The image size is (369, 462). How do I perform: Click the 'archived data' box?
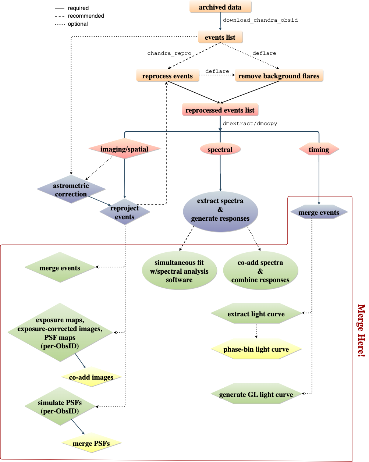click(x=220, y=7)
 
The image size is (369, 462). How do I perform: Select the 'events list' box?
click(x=220, y=37)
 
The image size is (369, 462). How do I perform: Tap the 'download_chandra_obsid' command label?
click(x=260, y=20)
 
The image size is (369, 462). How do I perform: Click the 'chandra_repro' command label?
click(x=169, y=53)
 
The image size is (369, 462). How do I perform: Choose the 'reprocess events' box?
click(x=167, y=76)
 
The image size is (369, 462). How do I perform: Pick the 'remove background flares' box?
click(x=279, y=76)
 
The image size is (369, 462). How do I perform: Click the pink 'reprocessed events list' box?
click(x=220, y=110)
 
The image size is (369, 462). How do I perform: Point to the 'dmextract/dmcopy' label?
click(x=250, y=124)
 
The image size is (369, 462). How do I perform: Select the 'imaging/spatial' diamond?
click(x=124, y=149)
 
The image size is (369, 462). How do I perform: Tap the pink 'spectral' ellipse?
click(x=220, y=149)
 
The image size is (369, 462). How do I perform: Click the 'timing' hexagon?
click(x=319, y=149)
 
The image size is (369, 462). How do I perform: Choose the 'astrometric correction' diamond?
click(x=71, y=189)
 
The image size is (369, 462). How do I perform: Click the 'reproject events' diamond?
click(x=125, y=212)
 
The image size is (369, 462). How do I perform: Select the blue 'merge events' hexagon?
click(x=319, y=213)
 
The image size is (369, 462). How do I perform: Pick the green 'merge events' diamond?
click(x=60, y=268)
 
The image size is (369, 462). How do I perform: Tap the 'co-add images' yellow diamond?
click(x=91, y=377)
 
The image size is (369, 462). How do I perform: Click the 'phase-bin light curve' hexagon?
click(x=256, y=349)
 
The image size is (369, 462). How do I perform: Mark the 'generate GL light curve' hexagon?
click(x=256, y=394)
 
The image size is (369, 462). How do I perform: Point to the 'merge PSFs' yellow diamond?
click(x=91, y=443)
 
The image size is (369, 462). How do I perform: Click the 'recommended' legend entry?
click(x=86, y=16)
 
